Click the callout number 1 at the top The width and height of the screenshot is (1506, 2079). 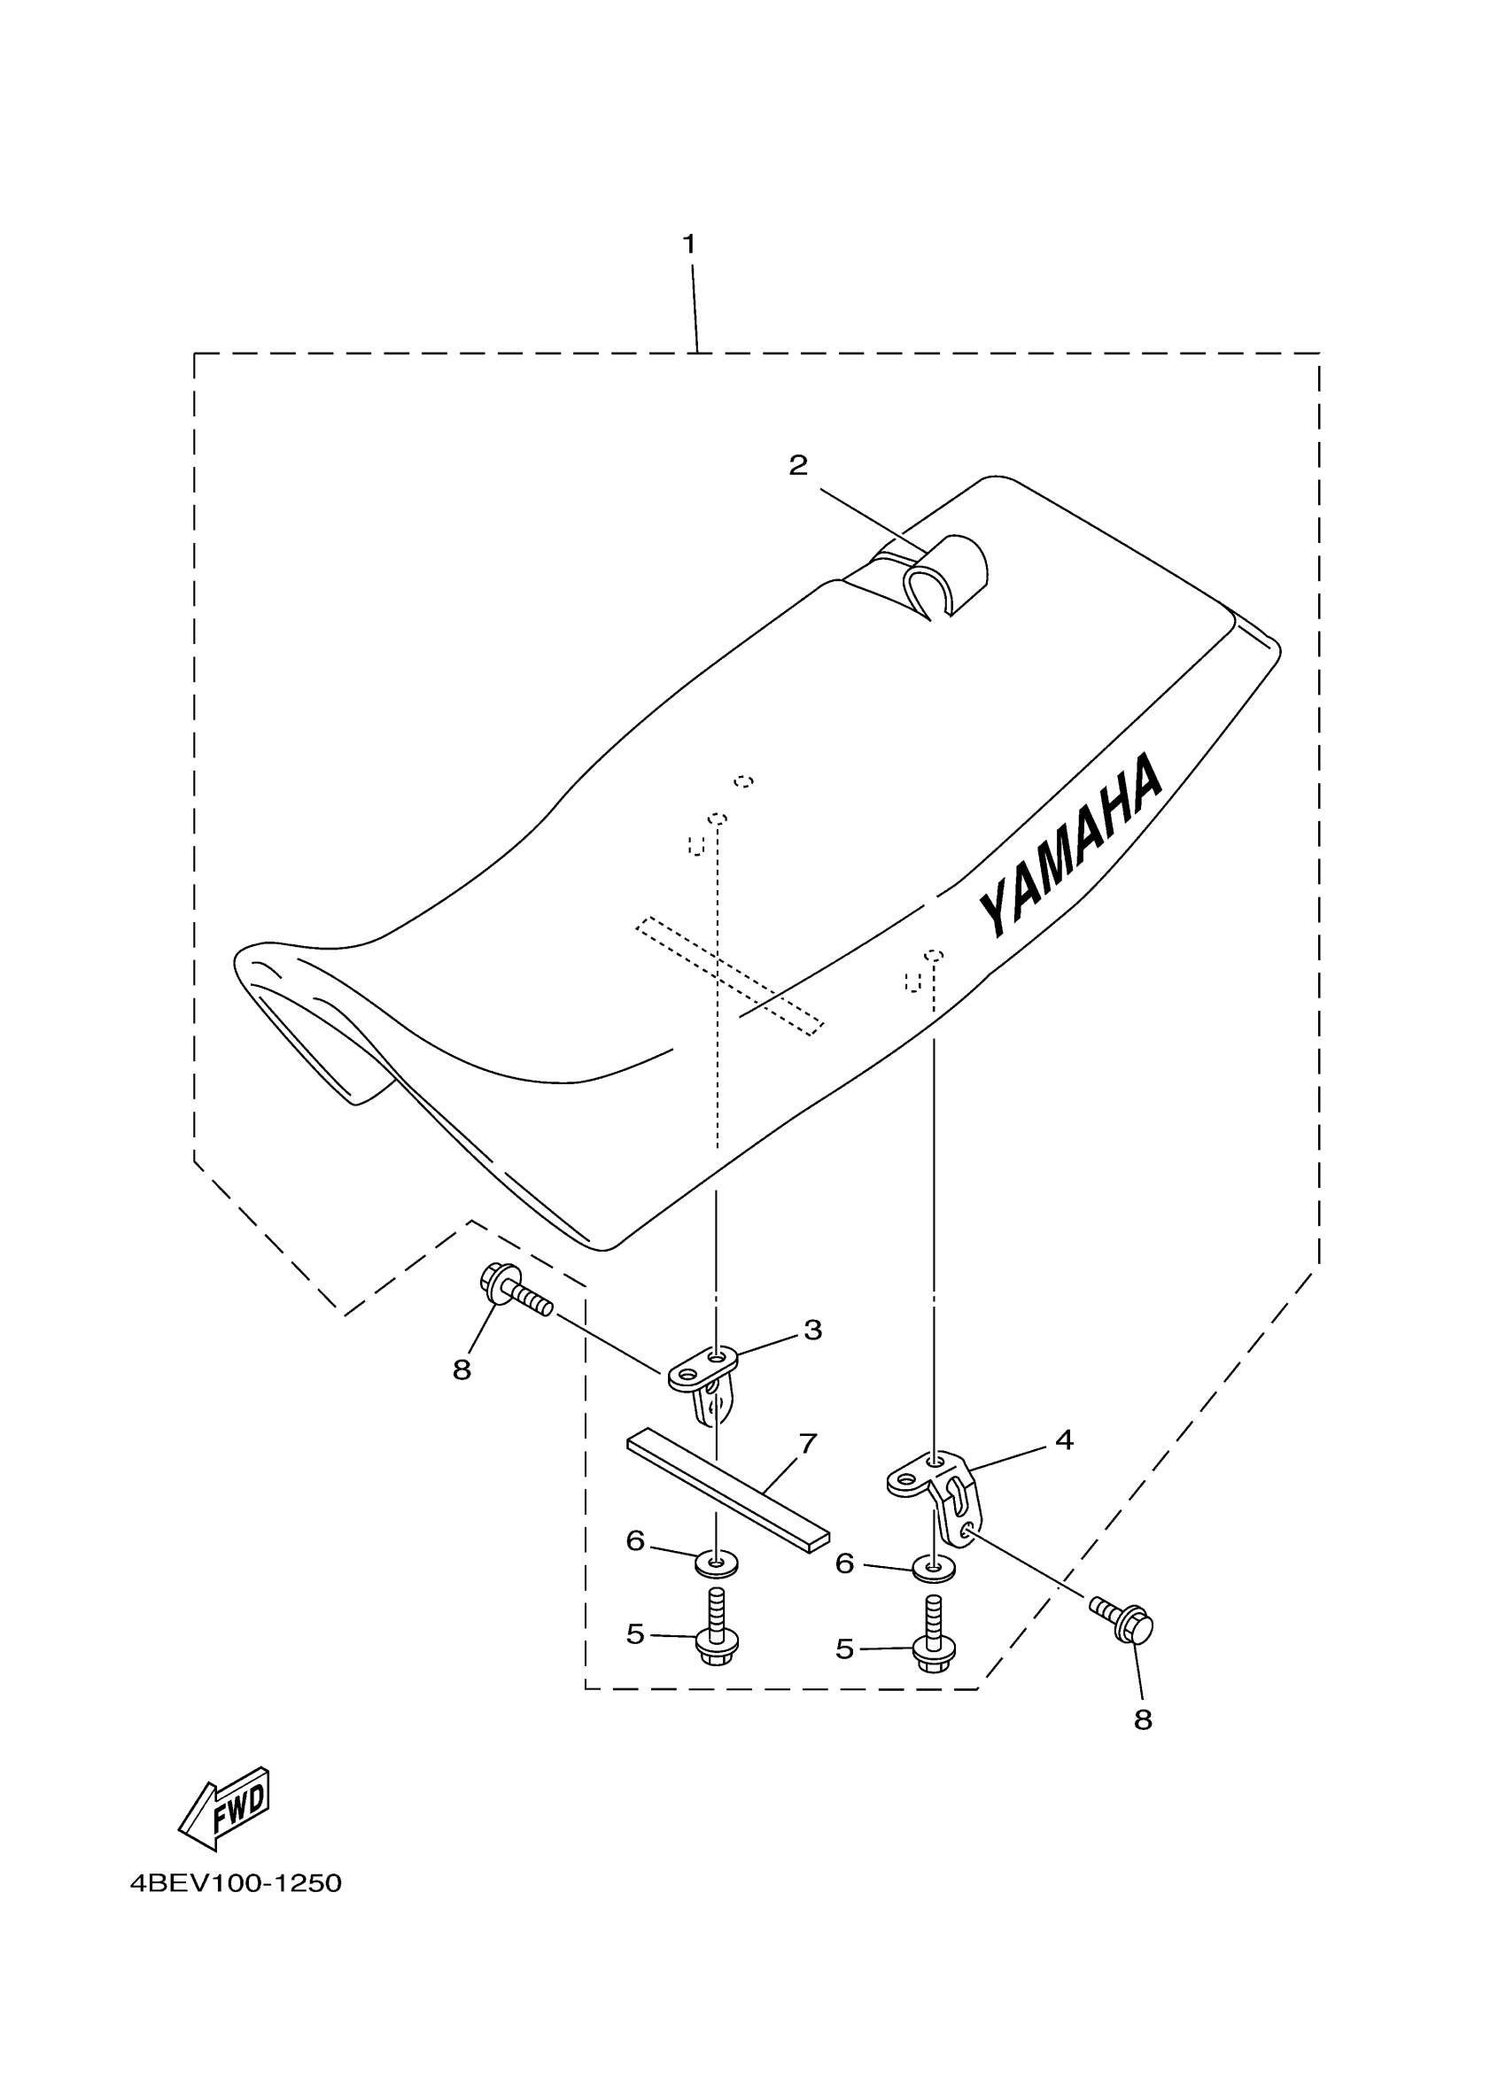pos(688,244)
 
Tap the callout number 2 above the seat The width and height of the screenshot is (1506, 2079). pos(798,466)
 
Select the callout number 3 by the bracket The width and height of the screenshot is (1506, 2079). pos(813,1330)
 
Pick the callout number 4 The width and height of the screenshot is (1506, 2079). pos(1063,1440)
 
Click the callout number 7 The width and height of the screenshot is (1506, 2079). pos(808,1444)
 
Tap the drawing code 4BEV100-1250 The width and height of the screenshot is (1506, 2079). pos(236,1884)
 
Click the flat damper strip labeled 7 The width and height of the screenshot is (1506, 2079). pos(728,1497)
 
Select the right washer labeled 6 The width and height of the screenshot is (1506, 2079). pos(933,1571)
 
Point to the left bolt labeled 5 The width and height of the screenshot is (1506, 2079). pos(717,1634)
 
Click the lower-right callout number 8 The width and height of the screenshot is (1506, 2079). pos(1142,1720)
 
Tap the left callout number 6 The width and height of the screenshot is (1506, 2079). pos(635,1541)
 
